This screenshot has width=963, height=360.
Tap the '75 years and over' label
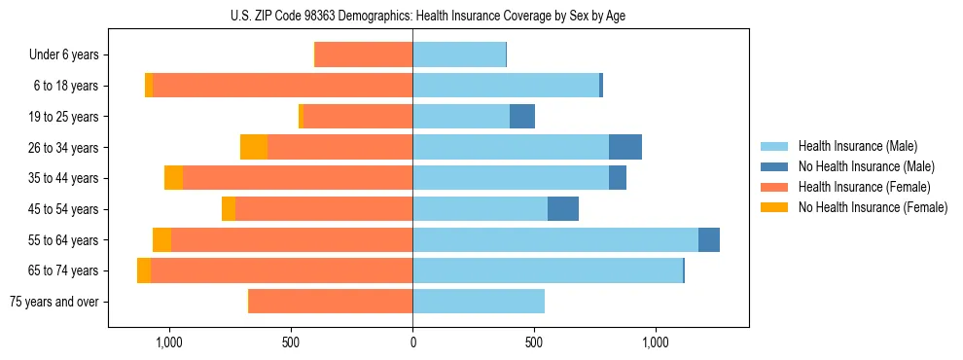[53, 302]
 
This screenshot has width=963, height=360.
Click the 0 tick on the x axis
[412, 342]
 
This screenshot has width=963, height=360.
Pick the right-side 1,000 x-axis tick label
[656, 342]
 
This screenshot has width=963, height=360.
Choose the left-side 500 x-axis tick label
[291, 342]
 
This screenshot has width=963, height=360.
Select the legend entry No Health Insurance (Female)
[873, 207]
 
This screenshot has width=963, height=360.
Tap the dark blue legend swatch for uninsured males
[774, 166]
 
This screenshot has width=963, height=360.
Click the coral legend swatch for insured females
[774, 187]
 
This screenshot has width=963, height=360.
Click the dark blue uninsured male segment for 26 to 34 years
[625, 147]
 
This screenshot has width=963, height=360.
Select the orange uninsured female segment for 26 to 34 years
[254, 147]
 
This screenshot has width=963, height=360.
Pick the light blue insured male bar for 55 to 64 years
[555, 239]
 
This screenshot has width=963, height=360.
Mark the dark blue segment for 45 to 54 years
[563, 209]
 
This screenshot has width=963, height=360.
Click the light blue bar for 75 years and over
[479, 302]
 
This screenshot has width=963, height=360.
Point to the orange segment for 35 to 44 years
[173, 178]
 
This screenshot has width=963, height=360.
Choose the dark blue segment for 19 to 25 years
[522, 117]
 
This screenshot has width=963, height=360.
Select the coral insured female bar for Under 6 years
[364, 55]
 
